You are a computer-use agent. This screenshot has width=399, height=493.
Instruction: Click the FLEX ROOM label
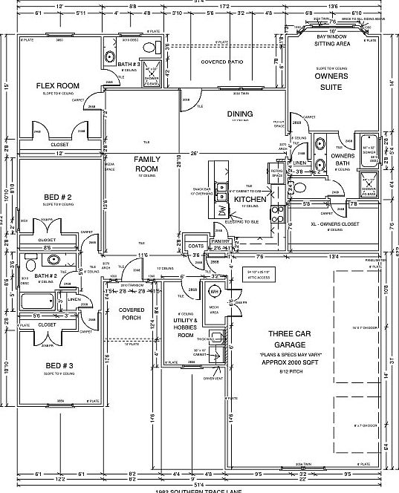tap(57, 85)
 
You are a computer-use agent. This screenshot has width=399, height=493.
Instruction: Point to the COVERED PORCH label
tap(132, 313)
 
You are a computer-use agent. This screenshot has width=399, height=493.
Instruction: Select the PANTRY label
tap(218, 241)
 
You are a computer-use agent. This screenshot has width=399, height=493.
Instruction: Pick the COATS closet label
tap(196, 246)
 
